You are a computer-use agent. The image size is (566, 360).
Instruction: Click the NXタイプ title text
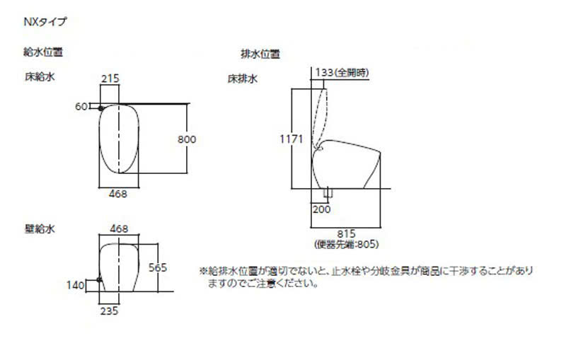45,22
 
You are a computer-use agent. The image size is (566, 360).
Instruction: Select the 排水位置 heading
260,54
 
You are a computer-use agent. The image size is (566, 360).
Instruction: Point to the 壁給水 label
40,228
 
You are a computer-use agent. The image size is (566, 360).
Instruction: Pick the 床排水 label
242,79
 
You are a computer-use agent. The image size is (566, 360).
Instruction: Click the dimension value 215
110,79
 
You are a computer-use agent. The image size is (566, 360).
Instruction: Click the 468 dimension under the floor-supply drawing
117,193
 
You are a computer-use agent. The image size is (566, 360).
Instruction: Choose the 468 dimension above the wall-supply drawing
119,228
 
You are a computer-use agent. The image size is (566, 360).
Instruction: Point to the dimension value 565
158,267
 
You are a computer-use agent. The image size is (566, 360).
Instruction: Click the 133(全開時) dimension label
342,72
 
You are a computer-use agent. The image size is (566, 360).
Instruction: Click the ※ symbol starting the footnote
203,271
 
